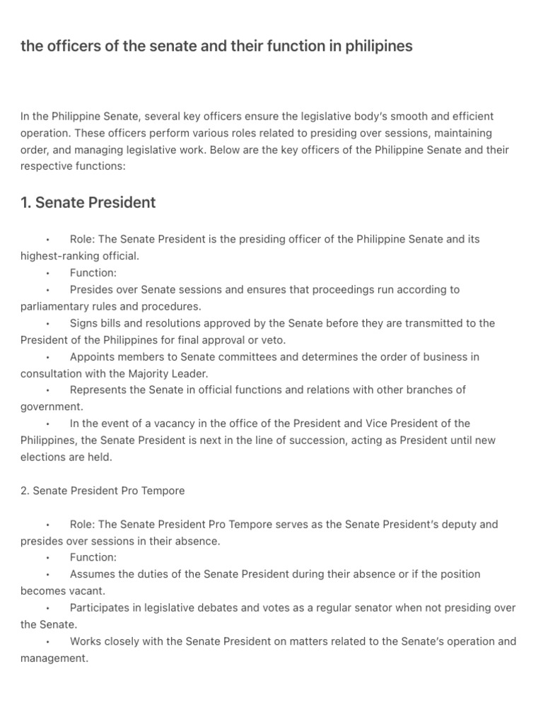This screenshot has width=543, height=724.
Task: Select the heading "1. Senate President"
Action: coord(88,203)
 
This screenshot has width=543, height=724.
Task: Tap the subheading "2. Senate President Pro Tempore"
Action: coord(103,491)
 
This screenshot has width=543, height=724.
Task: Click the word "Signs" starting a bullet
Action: coord(84,323)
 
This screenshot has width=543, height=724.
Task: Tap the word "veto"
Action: coord(273,340)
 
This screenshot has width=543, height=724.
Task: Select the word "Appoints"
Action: coord(91,357)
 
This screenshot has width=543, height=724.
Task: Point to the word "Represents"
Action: coord(98,390)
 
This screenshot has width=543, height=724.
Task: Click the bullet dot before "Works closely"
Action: coord(47,642)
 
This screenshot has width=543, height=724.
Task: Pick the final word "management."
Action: coord(54,658)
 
